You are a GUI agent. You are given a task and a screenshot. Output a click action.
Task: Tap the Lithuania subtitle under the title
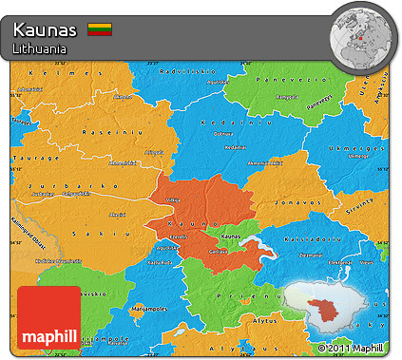(40, 47)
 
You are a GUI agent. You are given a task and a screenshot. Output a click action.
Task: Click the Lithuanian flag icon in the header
(99, 29)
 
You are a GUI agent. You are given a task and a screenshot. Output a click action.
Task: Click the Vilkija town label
(172, 200)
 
